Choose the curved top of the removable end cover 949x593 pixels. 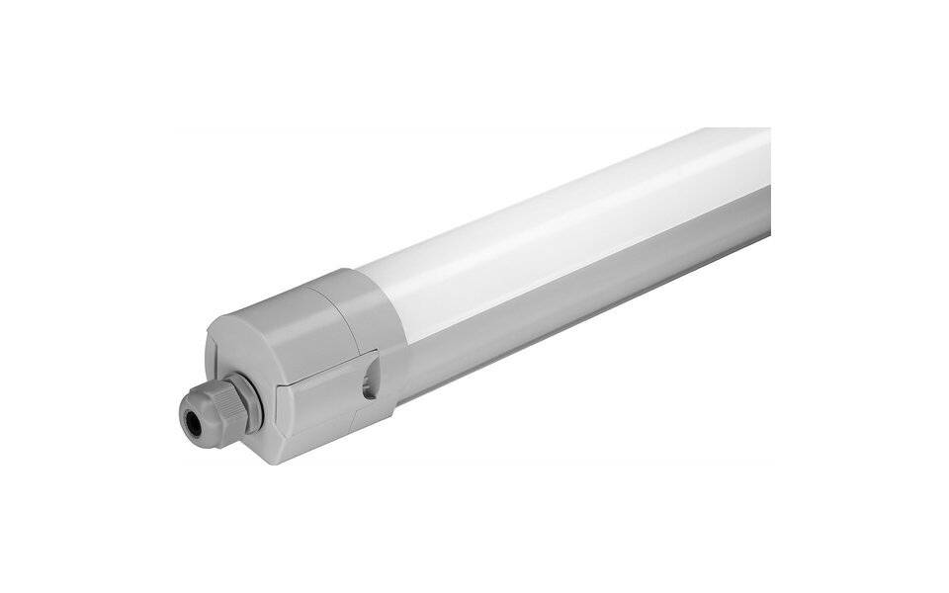287,296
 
